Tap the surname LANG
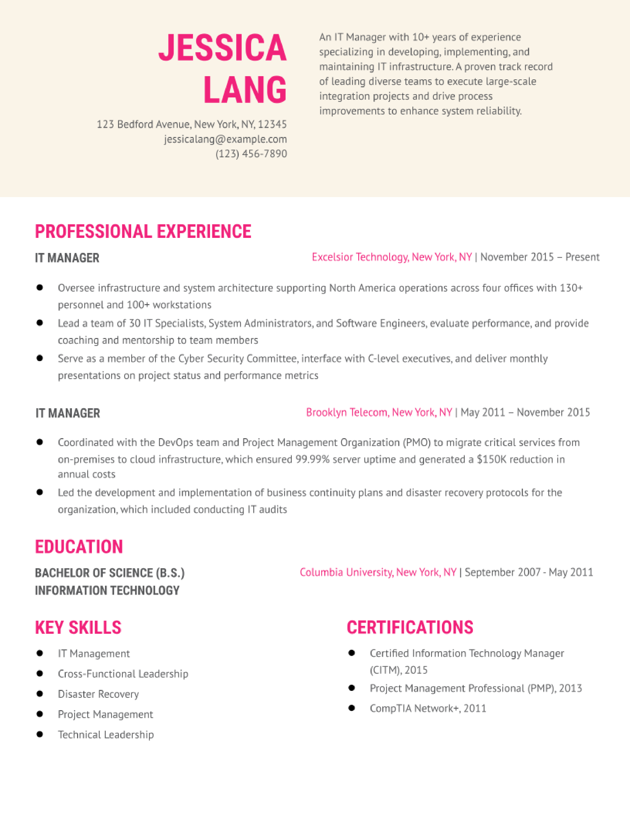[245, 90]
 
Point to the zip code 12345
[273, 124]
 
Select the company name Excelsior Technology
[360, 257]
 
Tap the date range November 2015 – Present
[540, 257]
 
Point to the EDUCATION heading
[79, 547]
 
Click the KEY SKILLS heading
[78, 627]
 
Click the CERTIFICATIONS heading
[410, 627]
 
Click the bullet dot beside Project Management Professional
[352, 688]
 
